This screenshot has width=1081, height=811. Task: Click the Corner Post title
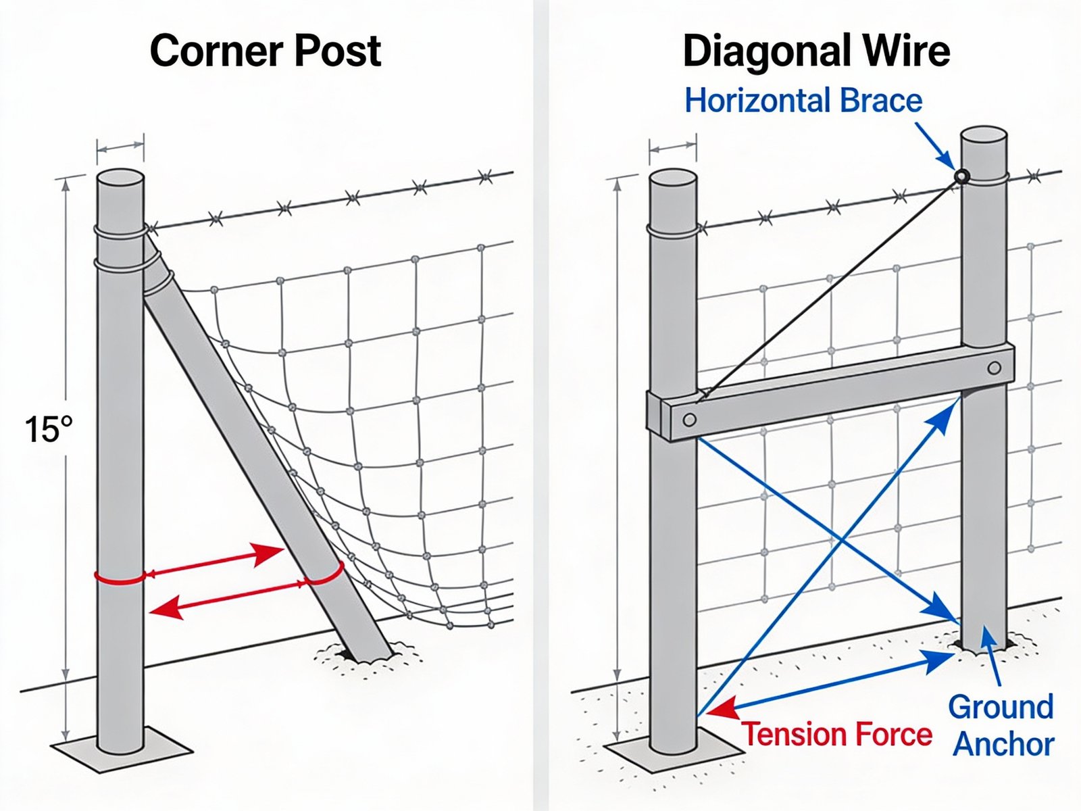pyautogui.click(x=265, y=51)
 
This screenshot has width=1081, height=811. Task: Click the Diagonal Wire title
pyautogui.click(x=816, y=51)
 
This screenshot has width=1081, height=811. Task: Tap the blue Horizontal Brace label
pyautogui.click(x=803, y=101)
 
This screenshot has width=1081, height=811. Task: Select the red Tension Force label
pyautogui.click(x=837, y=734)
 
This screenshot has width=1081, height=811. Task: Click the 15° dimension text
pyautogui.click(x=48, y=430)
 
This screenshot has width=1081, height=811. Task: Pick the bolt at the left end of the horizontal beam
pyautogui.click(x=689, y=420)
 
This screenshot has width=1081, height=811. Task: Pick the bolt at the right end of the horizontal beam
pyautogui.click(x=994, y=368)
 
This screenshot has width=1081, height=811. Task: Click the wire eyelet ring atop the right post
pyautogui.click(x=961, y=177)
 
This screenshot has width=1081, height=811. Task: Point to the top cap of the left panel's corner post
pyautogui.click(x=120, y=177)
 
